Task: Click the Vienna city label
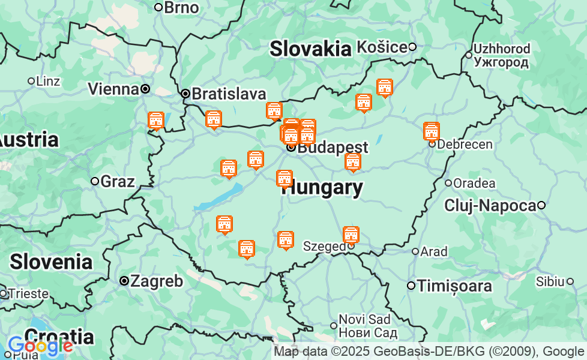tap(113, 89)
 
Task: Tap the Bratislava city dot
tap(186, 94)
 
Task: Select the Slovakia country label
tap(310, 49)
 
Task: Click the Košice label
tap(382, 46)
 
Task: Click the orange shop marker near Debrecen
tap(431, 131)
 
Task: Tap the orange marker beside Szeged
tap(351, 235)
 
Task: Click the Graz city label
tap(118, 181)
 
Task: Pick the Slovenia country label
tap(51, 262)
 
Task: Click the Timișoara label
tap(454, 286)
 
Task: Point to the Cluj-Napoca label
tap(490, 205)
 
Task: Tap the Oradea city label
tap(474, 183)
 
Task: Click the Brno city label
tap(181, 7)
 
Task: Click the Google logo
tap(40, 346)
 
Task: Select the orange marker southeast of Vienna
tap(156, 121)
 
